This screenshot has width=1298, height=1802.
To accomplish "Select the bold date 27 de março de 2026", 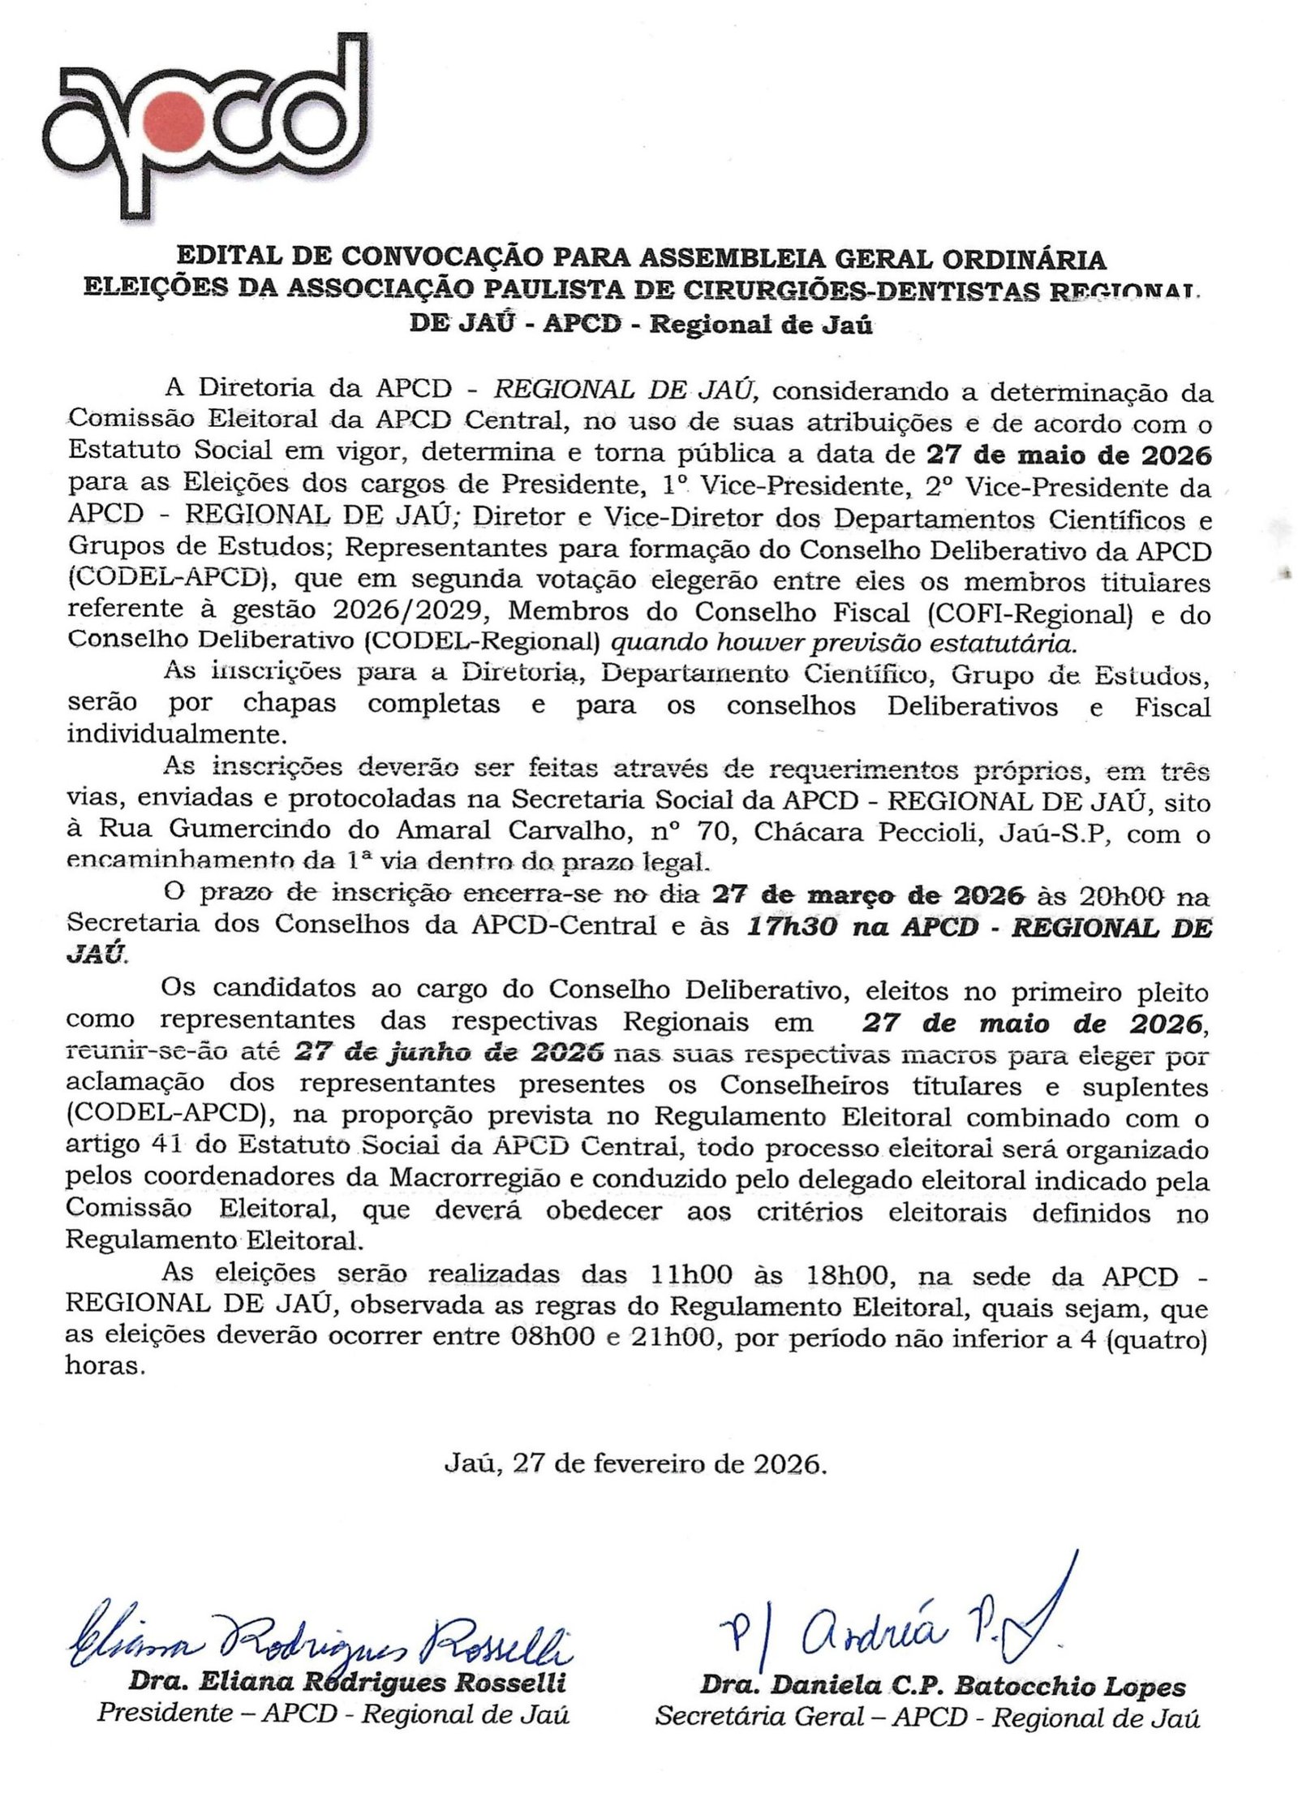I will click(x=867, y=896).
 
